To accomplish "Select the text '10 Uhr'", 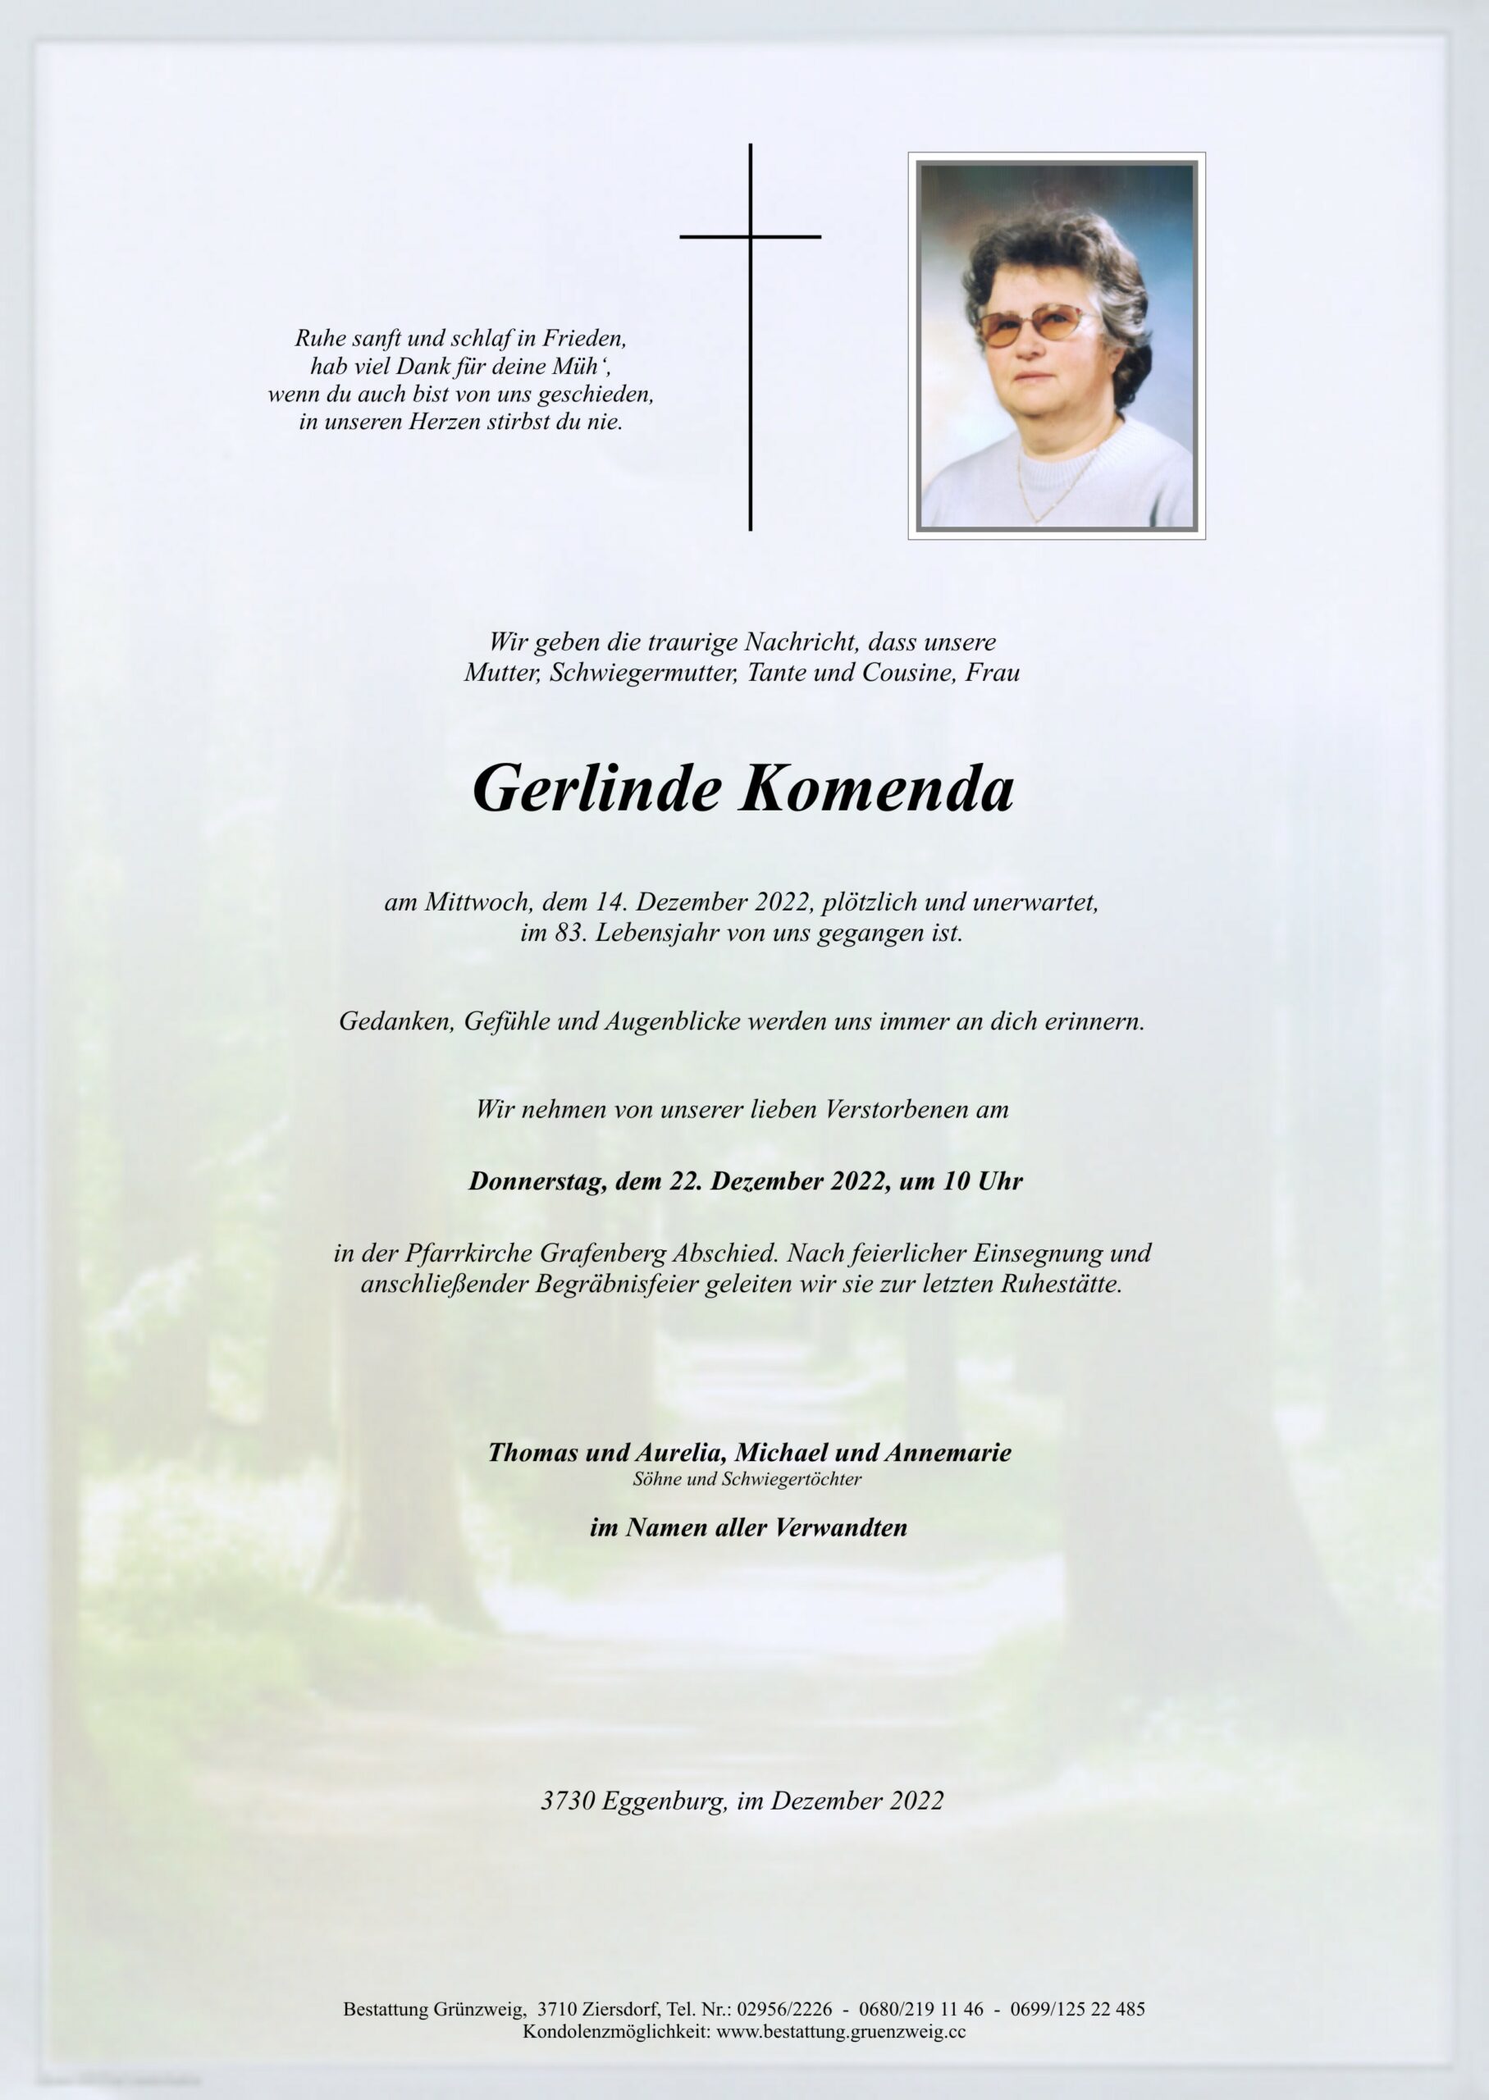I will (x=982, y=1181).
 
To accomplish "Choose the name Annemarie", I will (x=949, y=1453).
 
